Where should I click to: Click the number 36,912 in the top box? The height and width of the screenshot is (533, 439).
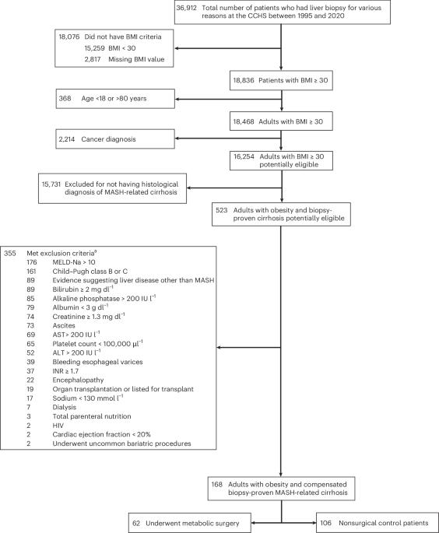pyautogui.click(x=186, y=8)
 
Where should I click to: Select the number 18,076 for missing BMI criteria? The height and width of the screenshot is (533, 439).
pyautogui.click(x=69, y=37)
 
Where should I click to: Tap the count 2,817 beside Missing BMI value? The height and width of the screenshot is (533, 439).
pyautogui.click(x=93, y=59)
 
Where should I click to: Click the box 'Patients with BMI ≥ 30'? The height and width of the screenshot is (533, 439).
pyautogui.click(x=281, y=81)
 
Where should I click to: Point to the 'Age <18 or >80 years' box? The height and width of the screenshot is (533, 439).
pyautogui.click(x=115, y=99)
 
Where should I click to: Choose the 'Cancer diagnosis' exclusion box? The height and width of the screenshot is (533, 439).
pyautogui.click(x=115, y=139)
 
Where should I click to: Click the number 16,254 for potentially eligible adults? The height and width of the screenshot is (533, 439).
pyautogui.click(x=244, y=156)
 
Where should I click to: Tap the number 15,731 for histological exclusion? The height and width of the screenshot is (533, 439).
pyautogui.click(x=51, y=184)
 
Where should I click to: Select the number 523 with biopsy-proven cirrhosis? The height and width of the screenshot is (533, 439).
pyautogui.click(x=221, y=210)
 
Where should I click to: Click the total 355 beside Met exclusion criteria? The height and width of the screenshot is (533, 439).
pyautogui.click(x=10, y=253)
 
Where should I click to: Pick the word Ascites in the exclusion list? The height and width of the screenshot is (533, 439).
pyautogui.click(x=64, y=326)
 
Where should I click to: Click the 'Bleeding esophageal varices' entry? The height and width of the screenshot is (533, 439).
pyautogui.click(x=97, y=362)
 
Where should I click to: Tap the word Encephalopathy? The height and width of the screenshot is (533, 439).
pyautogui.click(x=78, y=380)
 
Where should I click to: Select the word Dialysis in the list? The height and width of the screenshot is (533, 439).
pyautogui.click(x=65, y=407)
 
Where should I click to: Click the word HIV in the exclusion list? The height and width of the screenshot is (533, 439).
pyautogui.click(x=58, y=426)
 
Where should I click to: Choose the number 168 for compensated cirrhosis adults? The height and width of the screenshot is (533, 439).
pyautogui.click(x=217, y=485)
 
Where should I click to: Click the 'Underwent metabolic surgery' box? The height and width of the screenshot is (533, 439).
pyautogui.click(x=190, y=523)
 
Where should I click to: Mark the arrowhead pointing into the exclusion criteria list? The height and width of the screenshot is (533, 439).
pyautogui.click(x=219, y=347)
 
